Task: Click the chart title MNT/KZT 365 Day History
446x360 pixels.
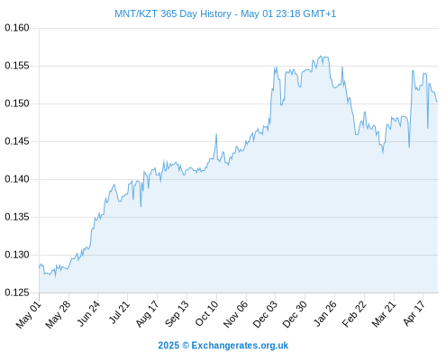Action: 173,13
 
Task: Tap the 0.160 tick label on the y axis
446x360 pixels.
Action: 17,28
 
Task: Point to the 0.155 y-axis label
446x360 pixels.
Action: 17,66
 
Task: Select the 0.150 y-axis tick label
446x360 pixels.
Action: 17,103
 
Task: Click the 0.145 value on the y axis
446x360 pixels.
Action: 17,141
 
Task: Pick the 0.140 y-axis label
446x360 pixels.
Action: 17,179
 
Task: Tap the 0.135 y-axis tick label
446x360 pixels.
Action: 17,217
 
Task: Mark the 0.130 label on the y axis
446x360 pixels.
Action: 17,255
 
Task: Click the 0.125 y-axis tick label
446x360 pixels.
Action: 17,292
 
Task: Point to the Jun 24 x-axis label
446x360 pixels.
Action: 88,313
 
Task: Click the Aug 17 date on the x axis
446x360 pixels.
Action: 147,314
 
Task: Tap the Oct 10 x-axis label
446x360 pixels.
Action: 206,313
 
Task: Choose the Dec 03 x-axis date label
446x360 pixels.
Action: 265,314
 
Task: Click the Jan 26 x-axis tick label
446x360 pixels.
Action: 324,313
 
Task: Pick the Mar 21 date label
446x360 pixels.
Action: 384,314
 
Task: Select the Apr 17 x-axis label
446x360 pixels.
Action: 414,313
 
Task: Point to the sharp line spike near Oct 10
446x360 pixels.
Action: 216,134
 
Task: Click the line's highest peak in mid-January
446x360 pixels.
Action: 321,56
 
